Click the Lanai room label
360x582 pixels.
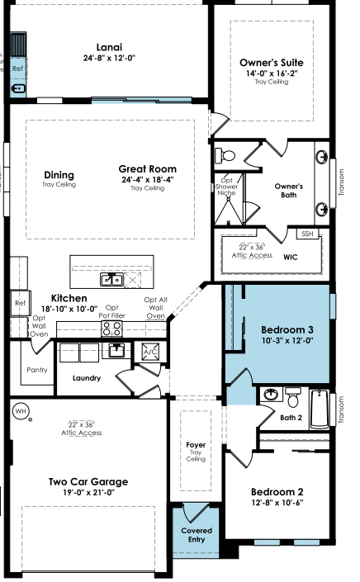[109, 47]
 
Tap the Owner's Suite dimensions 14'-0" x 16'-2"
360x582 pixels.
[272, 73]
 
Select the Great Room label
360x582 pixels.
[147, 169]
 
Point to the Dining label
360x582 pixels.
[59, 175]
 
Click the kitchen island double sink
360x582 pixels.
[111, 279]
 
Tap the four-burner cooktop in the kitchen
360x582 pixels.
[111, 329]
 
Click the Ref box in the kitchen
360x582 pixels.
[20, 303]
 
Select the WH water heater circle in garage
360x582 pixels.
[21, 411]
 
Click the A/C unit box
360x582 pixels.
[150, 352]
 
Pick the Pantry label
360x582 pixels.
[37, 370]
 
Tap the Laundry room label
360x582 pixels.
[87, 378]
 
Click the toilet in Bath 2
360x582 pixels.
[294, 397]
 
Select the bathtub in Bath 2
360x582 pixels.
[320, 409]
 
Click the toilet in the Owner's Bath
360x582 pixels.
[225, 154]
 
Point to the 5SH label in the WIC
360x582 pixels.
[307, 234]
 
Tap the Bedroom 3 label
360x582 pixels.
[287, 329]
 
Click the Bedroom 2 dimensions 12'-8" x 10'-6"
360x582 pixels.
[277, 503]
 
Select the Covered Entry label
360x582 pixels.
[197, 535]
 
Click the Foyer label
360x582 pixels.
[196, 445]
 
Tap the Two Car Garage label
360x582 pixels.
[88, 482]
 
